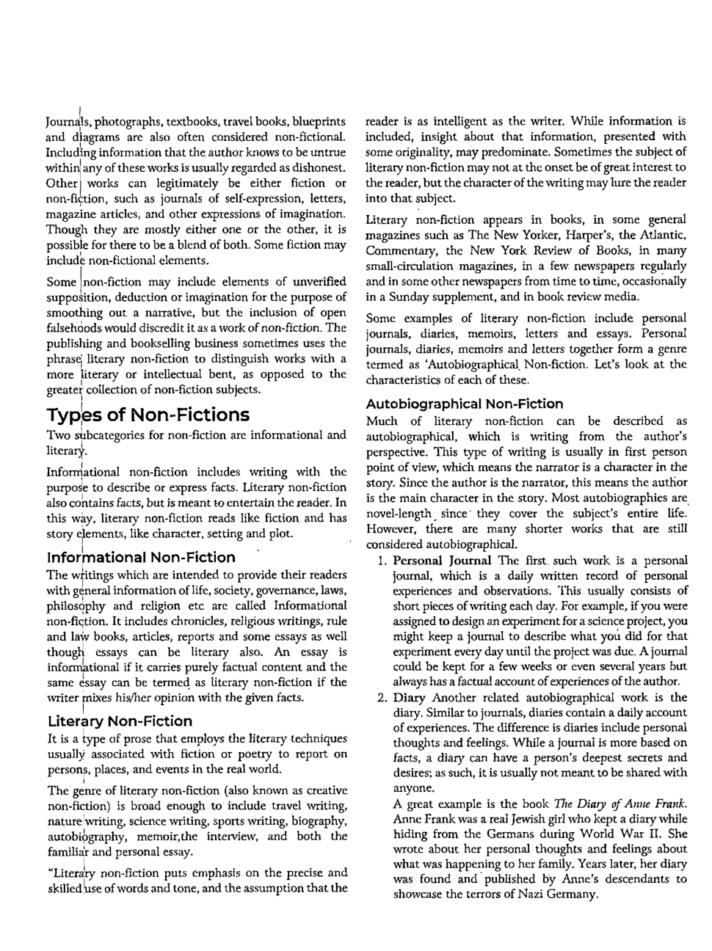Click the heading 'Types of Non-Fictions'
(x=148, y=415)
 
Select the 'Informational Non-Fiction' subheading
(x=141, y=557)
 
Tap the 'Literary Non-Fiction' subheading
(x=120, y=721)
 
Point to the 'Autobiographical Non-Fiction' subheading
(x=464, y=404)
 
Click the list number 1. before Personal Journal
(x=382, y=561)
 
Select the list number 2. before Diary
(x=382, y=698)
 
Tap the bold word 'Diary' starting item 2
(x=410, y=698)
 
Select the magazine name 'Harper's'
(x=606, y=235)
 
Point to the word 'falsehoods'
(x=74, y=328)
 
